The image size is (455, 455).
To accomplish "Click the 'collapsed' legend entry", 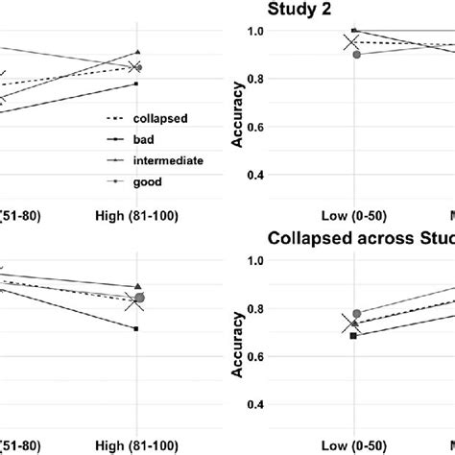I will click(x=160, y=119).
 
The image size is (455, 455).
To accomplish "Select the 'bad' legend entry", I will click(x=146, y=140).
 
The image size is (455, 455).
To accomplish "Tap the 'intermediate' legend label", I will click(x=168, y=161).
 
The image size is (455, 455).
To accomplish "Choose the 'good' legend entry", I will click(x=148, y=181).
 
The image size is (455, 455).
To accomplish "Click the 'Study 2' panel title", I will click(x=299, y=12).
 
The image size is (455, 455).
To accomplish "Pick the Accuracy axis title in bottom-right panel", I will click(x=235, y=331).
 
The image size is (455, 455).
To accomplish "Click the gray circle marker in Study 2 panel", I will click(x=356, y=55).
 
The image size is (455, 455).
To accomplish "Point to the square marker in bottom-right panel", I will click(x=355, y=336).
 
